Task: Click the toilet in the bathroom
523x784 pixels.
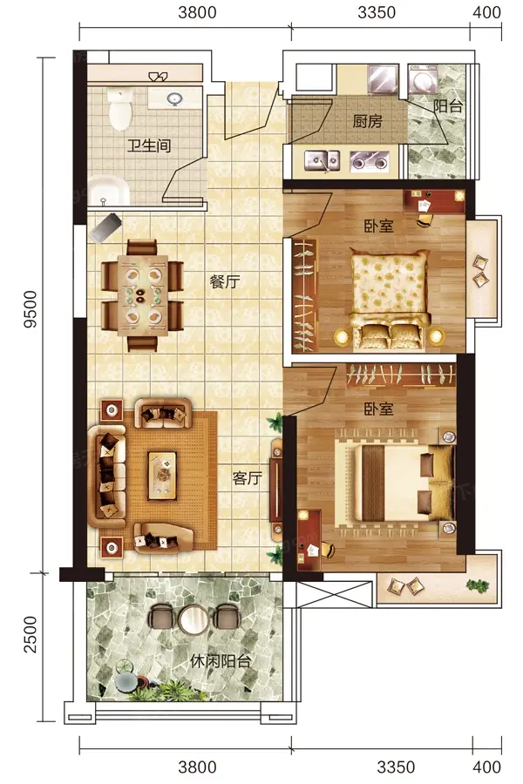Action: pos(119,109)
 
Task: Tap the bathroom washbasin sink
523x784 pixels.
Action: pos(174,98)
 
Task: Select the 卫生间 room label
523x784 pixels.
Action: pos(149,145)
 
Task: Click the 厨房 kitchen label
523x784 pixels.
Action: pos(367,121)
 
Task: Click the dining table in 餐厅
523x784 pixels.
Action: pos(143,295)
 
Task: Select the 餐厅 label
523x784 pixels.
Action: pos(224,281)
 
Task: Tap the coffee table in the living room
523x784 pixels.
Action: pos(161,476)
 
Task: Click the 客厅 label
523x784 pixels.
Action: pos(247,478)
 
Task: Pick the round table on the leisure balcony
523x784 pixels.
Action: pos(193,620)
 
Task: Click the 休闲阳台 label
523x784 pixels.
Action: pos(221,661)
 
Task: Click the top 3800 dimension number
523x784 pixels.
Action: pos(197,12)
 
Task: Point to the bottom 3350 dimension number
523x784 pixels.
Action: pos(396,767)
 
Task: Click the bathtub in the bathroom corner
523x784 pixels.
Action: pos(108,190)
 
